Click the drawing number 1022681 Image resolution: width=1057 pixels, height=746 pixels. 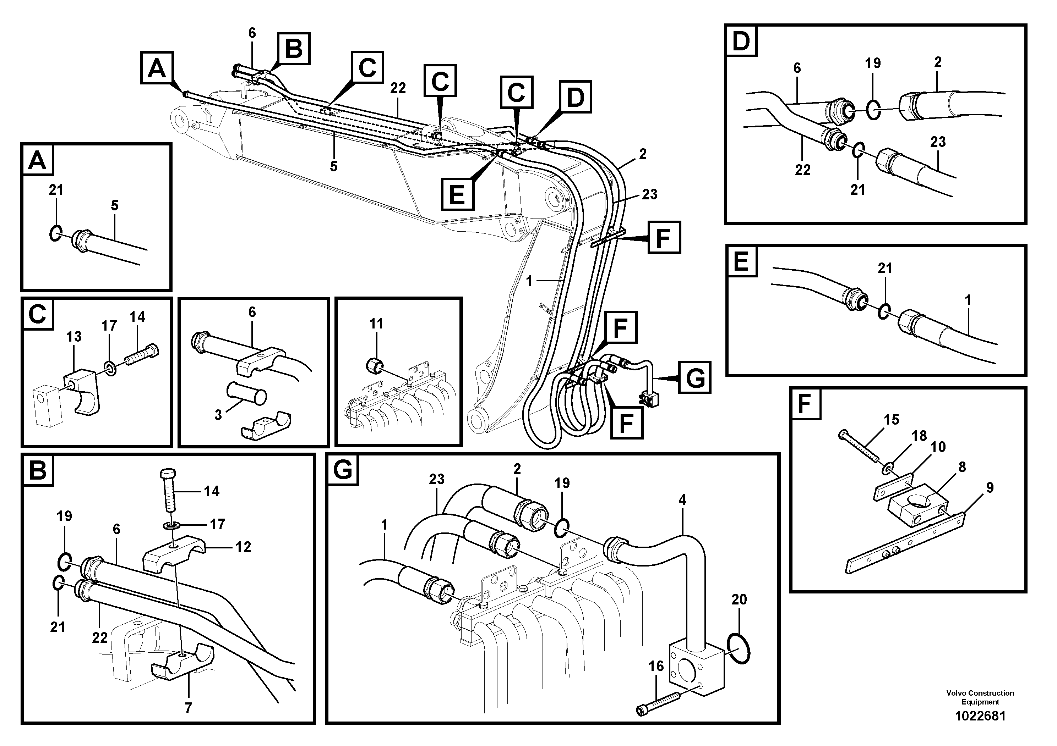980,716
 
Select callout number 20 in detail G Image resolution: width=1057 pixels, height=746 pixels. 739,599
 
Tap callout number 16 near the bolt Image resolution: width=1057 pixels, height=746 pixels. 656,666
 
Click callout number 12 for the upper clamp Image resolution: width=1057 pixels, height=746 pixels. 243,547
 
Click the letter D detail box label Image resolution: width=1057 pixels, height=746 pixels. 741,41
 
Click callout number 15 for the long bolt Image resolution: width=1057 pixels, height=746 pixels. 891,419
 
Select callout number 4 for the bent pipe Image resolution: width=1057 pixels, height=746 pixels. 682,500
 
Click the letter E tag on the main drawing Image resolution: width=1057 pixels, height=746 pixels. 457,194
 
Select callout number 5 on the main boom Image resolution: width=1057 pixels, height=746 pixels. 333,166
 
